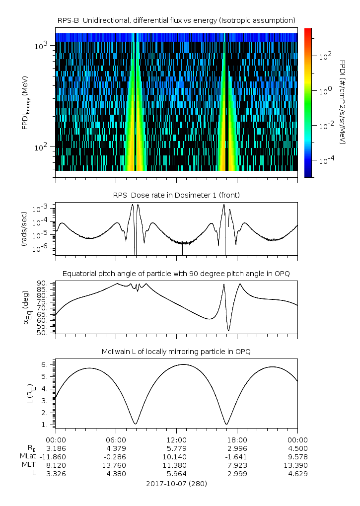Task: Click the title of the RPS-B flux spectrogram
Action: pos(176,20)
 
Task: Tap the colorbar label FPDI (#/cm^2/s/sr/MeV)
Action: pos(343,102)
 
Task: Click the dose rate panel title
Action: pos(176,195)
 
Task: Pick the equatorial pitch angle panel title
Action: pos(176,274)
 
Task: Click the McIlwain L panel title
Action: pos(176,352)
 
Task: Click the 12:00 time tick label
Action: pos(176,439)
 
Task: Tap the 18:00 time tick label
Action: pos(237,439)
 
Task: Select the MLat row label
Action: pos(29,456)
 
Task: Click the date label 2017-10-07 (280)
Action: pos(176,483)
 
